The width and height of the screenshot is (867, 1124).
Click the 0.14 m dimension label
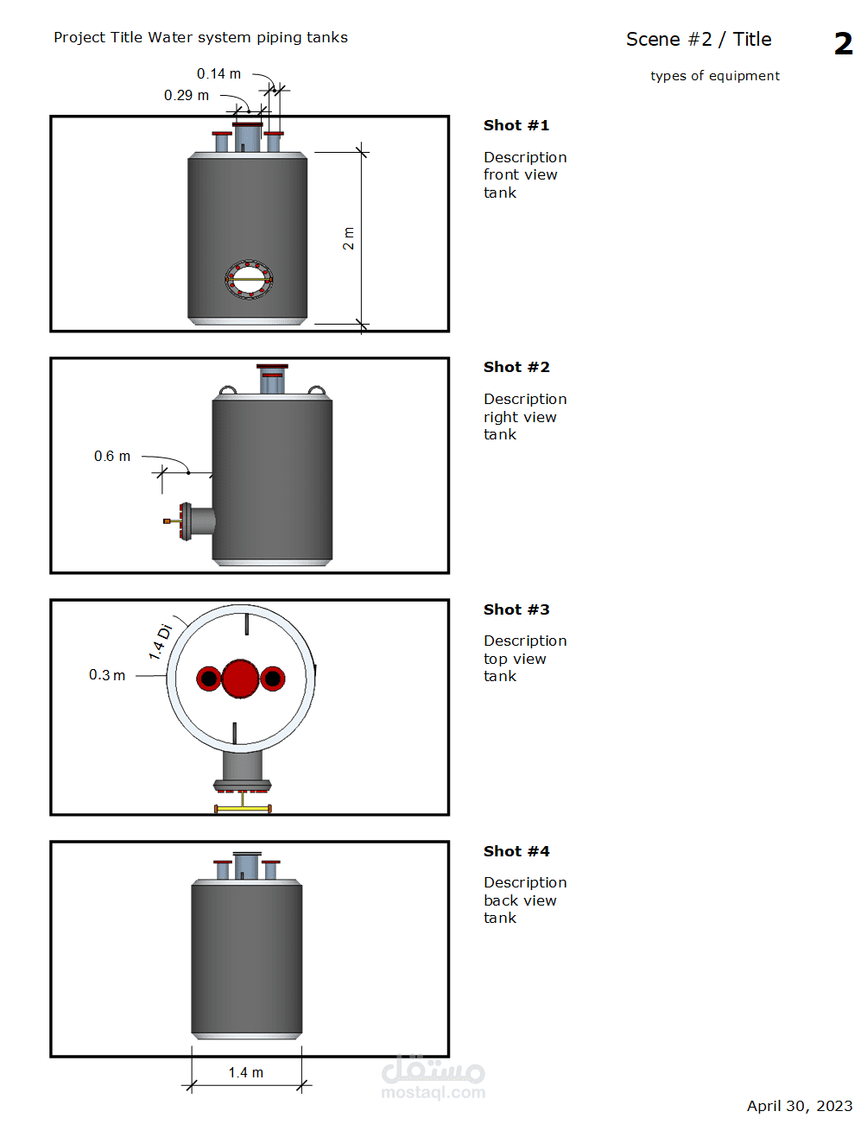point(218,74)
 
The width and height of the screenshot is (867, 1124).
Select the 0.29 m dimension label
point(187,96)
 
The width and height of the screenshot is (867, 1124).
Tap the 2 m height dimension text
point(348,238)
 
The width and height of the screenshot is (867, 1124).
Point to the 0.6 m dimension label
point(111,456)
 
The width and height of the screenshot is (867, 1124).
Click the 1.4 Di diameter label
point(161,642)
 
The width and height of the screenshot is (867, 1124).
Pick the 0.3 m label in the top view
point(106,675)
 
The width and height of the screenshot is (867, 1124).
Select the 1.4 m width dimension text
point(246,1072)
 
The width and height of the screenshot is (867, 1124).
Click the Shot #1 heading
point(516,125)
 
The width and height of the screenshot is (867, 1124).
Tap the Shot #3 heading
point(516,609)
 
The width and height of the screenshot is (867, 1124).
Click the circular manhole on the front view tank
point(249,280)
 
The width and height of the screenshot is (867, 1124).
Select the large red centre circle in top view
point(241,679)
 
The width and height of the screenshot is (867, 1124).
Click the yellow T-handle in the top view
point(243,807)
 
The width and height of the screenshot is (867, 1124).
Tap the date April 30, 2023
point(800,1106)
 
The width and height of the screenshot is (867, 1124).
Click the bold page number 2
point(843,43)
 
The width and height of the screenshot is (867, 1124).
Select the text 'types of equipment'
point(714,76)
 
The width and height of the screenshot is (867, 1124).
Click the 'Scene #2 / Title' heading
point(699,40)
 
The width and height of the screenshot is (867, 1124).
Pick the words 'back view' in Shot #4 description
point(520,900)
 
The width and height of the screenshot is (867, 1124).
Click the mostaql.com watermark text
point(433,1092)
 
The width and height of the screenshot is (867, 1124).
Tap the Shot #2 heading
point(516,367)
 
